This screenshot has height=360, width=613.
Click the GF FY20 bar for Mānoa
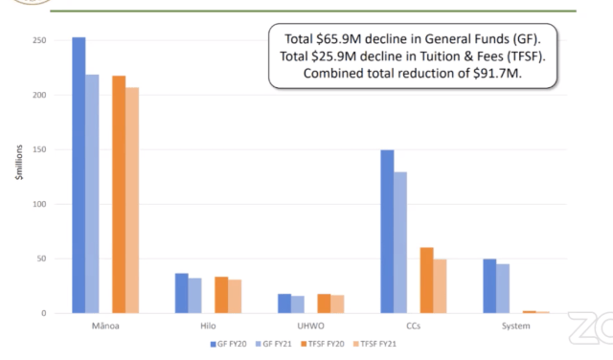[79, 175]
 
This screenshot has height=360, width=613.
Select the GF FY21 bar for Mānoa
[92, 193]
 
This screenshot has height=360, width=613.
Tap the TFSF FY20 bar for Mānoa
[119, 194]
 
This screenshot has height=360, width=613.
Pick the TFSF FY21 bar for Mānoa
[132, 200]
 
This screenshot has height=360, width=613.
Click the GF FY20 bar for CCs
[387, 232]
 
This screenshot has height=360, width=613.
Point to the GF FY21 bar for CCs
[400, 242]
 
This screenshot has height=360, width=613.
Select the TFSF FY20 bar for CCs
[427, 281]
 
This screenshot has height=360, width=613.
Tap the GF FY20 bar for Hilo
[182, 293]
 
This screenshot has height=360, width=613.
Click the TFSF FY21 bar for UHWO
[337, 304]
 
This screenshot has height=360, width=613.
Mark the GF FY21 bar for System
[503, 288]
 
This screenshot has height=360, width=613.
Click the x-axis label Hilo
[208, 326]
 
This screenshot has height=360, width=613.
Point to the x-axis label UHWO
[310, 326]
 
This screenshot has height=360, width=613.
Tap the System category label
[516, 326]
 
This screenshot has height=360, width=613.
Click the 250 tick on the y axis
[39, 40]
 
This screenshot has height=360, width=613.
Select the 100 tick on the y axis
[39, 204]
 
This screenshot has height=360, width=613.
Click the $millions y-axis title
[19, 162]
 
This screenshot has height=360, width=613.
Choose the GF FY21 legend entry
[274, 344]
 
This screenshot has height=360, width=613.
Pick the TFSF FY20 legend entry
[323, 344]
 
